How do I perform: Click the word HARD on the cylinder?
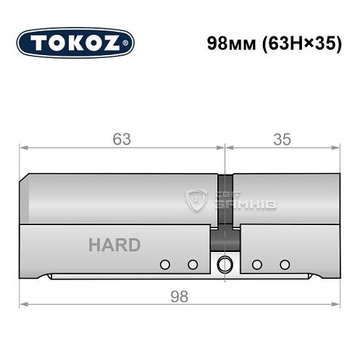[114, 245]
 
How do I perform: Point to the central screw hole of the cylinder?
[225, 264]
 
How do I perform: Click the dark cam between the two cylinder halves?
[225, 237]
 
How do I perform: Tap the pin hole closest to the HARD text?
[164, 264]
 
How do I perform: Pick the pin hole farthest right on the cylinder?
[285, 264]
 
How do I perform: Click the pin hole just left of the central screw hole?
[193, 264]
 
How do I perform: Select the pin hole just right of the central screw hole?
[256, 264]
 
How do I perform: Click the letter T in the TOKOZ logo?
[37, 42]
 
